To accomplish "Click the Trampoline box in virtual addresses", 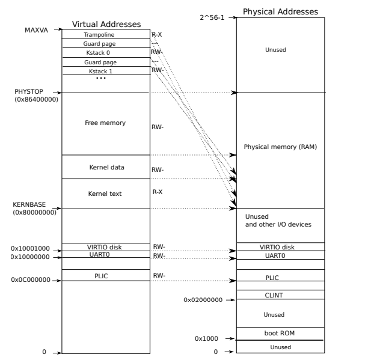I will pos(105,35).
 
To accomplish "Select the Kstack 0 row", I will pos(105,53).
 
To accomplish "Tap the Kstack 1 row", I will pos(105,71).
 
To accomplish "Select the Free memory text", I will pos(105,123).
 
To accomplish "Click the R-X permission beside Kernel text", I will pos(158,192).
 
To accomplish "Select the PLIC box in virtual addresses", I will pos(105,275).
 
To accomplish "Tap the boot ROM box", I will pos(280,333).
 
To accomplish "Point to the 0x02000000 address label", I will pos(203,299).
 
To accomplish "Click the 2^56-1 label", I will pos(212,18).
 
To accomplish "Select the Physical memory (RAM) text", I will pos(280,147).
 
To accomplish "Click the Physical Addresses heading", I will pos(280,11).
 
